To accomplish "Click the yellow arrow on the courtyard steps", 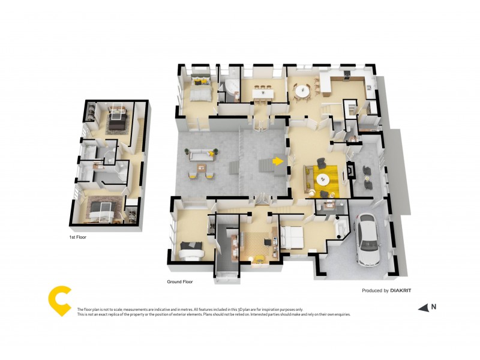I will (x=277, y=161).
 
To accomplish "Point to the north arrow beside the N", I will (x=423, y=308).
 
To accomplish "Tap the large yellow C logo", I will (x=59, y=301).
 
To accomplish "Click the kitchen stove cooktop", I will (x=347, y=75).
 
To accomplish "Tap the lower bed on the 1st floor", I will (x=100, y=210).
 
